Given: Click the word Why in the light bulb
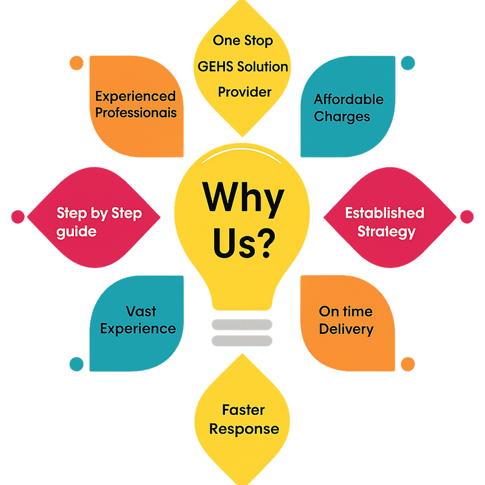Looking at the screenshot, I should (x=242, y=198).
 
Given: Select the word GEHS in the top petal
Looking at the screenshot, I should (x=215, y=66).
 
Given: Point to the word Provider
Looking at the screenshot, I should (x=244, y=92).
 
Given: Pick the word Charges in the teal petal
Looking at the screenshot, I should (x=342, y=116).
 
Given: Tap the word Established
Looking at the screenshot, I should (x=384, y=213).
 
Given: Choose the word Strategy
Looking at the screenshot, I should (x=386, y=231).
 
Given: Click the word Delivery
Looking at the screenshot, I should (x=346, y=329).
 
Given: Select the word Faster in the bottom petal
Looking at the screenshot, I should (x=243, y=410).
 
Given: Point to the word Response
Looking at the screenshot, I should (x=244, y=429).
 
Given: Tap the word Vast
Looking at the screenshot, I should (x=141, y=312).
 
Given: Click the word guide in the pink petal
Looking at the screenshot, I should (x=76, y=232).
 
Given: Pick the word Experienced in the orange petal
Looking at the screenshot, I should (x=135, y=96).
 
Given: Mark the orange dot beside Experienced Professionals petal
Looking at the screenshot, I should (x=76, y=62).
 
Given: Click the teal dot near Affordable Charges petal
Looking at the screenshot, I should (x=408, y=62).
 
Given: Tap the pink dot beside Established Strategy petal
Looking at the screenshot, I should (x=467, y=216).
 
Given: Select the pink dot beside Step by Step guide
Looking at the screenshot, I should (x=17, y=216).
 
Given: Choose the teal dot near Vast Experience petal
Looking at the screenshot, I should (x=76, y=363).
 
